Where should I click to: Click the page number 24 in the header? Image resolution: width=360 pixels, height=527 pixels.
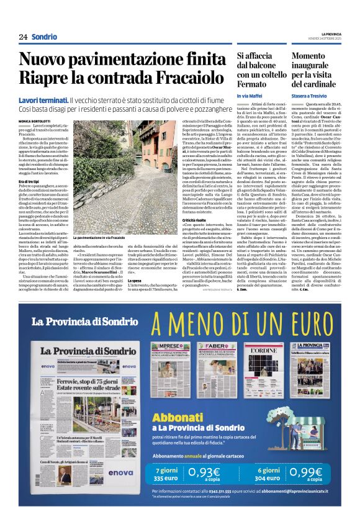click(x=23, y=37)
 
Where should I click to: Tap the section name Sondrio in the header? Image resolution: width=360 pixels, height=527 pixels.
click(x=45, y=37)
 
